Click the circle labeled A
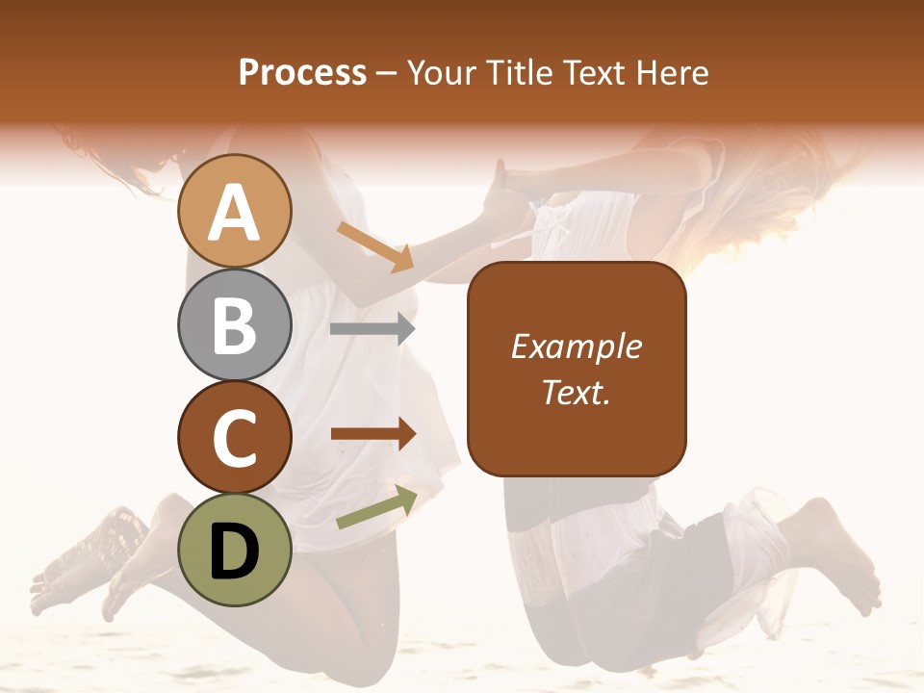click(x=234, y=211)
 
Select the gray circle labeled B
click(x=234, y=324)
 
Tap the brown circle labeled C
click(x=234, y=437)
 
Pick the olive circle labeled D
click(x=234, y=550)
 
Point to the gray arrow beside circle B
click(x=372, y=329)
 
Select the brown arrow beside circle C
click(x=373, y=434)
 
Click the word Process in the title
click(x=302, y=72)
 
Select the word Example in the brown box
click(x=576, y=346)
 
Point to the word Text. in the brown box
click(x=576, y=392)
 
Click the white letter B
click(x=234, y=325)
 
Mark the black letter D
click(x=234, y=552)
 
